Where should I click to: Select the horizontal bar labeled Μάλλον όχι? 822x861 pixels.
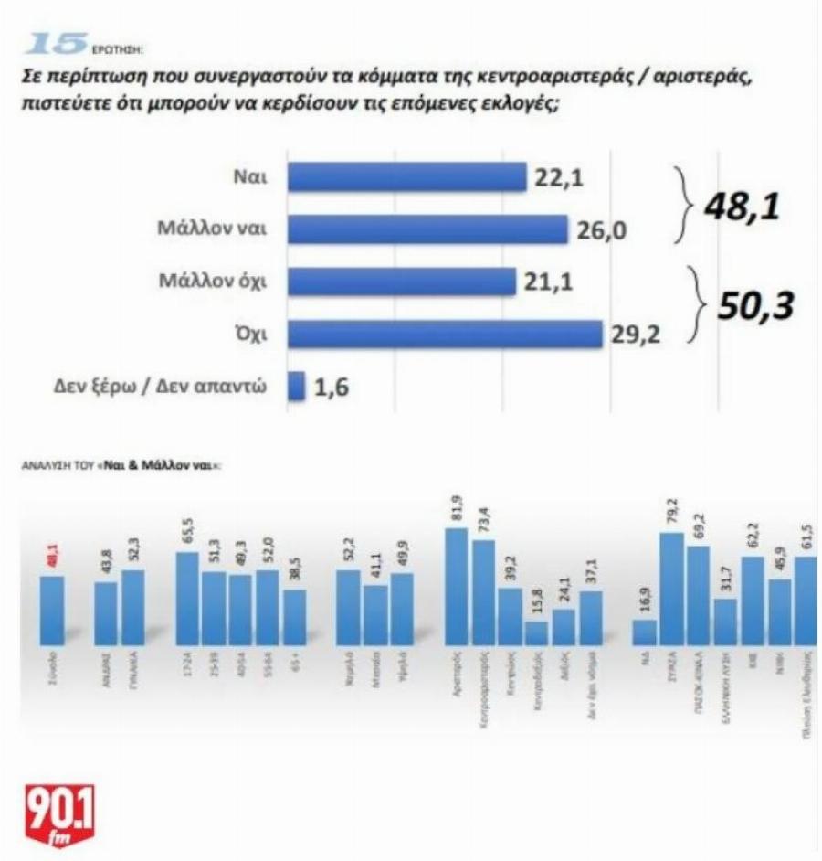point(402,282)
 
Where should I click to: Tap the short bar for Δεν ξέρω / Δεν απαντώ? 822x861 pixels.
point(296,386)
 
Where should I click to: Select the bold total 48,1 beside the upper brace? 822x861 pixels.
point(742,207)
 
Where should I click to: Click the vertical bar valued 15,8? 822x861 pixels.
point(537,633)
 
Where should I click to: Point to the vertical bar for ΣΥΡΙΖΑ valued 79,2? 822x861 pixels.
point(671,590)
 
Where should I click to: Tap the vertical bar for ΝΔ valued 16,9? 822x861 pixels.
point(644,632)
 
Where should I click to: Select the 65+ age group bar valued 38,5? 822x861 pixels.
point(295,617)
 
